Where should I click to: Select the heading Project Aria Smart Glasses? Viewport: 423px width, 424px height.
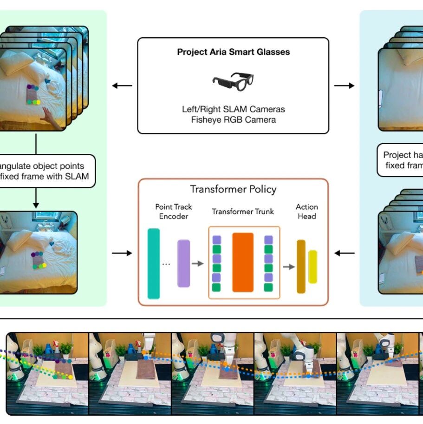[x=233, y=52]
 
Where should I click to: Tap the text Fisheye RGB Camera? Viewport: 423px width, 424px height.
[x=233, y=119]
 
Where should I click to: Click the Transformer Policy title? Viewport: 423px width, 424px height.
[x=233, y=189]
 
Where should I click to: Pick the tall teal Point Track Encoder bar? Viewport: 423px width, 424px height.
[x=153, y=264]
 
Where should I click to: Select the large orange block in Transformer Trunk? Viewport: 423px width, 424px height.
[x=243, y=262]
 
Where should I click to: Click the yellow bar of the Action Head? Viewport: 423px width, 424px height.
[x=313, y=266]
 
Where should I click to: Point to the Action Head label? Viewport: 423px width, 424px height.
[x=307, y=212]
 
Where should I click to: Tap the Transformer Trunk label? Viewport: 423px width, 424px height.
[x=243, y=212]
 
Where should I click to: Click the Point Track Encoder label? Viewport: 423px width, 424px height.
[x=173, y=212]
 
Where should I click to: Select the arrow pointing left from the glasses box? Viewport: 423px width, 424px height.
[x=122, y=86]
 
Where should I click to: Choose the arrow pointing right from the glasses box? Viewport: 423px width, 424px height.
[x=344, y=86]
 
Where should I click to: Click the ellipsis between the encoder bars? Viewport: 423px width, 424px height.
[x=166, y=264]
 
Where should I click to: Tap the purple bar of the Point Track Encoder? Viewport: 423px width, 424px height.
[x=184, y=263]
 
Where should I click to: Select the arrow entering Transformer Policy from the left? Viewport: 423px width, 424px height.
[x=122, y=253]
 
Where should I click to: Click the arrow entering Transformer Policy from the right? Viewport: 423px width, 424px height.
[x=344, y=253]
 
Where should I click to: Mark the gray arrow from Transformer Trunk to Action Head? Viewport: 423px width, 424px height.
[x=289, y=266]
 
